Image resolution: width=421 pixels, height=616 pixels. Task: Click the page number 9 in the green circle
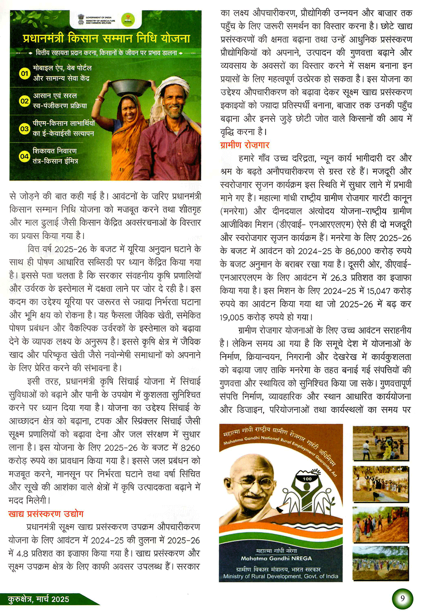coord(402,599)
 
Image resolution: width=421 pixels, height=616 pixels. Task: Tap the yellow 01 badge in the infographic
coord(25,73)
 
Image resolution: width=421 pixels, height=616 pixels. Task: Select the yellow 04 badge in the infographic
coord(25,156)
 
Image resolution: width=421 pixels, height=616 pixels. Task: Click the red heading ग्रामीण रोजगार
coord(245,145)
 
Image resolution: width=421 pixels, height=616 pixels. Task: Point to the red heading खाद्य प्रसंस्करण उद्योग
coord(46,514)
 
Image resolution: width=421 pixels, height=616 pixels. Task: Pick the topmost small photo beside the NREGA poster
coord(381,443)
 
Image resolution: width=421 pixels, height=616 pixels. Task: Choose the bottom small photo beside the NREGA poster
coord(381,563)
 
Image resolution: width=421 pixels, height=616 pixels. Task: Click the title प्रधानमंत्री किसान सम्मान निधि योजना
coord(107,39)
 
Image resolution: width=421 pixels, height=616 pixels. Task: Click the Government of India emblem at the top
coord(81,19)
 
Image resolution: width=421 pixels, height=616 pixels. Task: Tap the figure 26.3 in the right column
coord(339,277)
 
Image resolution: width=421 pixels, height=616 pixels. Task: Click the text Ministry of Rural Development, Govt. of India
coord(280,576)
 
